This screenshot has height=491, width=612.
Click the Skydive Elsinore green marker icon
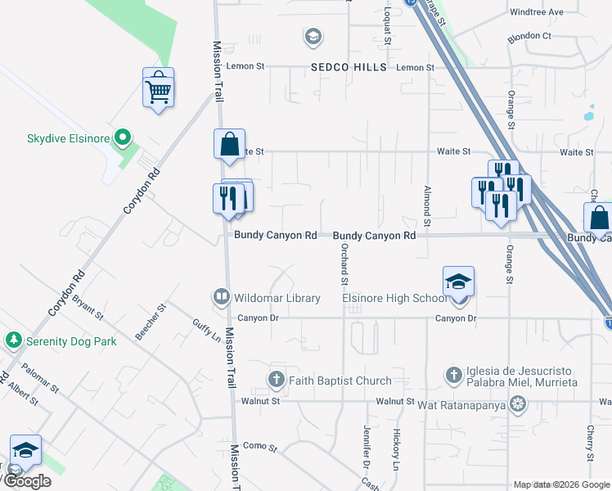click(x=123, y=137)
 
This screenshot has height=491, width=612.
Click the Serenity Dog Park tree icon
click(x=13, y=340)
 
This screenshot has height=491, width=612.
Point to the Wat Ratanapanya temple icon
click(x=517, y=403)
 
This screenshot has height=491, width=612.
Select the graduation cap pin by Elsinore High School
click(x=459, y=282)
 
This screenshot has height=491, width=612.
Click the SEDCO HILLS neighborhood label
click(x=348, y=67)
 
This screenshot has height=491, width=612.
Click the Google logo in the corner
click(x=27, y=481)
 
